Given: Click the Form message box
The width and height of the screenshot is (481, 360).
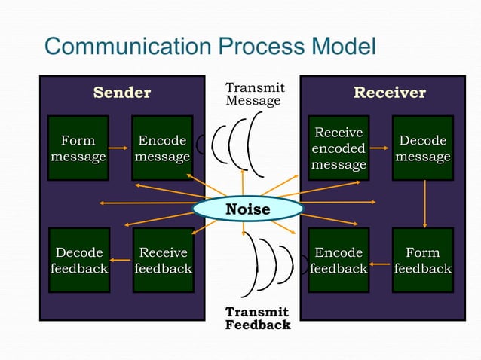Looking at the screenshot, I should pyautogui.click(x=78, y=148).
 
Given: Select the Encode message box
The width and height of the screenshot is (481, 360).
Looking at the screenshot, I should pyautogui.click(x=162, y=148).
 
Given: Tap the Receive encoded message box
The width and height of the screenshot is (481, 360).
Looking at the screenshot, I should pyautogui.click(x=339, y=148).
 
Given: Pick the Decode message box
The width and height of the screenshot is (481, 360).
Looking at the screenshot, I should pyautogui.click(x=422, y=148).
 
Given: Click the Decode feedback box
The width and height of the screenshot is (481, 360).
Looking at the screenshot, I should pyautogui.click(x=78, y=260).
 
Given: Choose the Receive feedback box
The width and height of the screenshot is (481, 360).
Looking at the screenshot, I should pyautogui.click(x=163, y=260).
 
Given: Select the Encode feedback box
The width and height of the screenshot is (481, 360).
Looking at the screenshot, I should pyautogui.click(x=339, y=260).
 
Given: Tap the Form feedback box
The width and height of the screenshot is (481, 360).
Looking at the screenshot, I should pyautogui.click(x=422, y=260).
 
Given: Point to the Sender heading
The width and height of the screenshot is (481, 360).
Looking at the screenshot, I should pyautogui.click(x=122, y=93).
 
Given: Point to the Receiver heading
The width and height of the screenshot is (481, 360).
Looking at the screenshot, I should pyautogui.click(x=390, y=93).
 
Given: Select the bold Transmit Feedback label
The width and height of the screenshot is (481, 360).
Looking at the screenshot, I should pyautogui.click(x=258, y=319).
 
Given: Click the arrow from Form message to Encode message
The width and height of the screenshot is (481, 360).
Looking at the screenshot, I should pyautogui.click(x=120, y=148).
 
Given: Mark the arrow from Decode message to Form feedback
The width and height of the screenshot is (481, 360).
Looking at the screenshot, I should pyautogui.click(x=425, y=204).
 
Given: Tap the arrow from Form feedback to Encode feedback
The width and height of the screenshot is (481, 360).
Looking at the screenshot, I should pyautogui.click(x=381, y=264).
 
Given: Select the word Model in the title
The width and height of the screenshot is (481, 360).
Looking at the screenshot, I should pyautogui.click(x=339, y=47).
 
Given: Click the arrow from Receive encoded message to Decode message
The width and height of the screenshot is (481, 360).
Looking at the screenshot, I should pyautogui.click(x=381, y=148).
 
